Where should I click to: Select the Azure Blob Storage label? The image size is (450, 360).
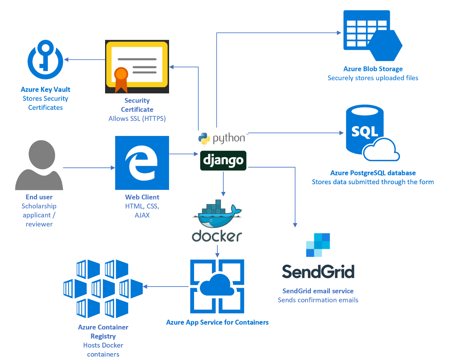[373, 69]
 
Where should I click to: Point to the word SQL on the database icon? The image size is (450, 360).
[364, 131]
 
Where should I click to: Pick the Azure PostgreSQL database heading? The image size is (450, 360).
[373, 173]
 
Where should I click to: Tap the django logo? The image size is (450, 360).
[223, 160]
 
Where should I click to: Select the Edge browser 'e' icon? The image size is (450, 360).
[142, 163]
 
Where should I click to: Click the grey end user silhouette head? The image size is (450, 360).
[42, 155]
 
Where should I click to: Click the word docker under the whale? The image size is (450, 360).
[217, 236]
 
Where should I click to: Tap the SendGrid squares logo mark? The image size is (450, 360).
[318, 245]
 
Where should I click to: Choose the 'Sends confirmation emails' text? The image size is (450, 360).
[318, 300]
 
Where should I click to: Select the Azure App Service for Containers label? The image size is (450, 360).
[217, 322]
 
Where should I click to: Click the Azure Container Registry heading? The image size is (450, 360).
[103, 332]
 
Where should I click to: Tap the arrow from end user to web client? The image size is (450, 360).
[89, 168]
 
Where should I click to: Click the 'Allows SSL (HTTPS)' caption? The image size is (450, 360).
[137, 118]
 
